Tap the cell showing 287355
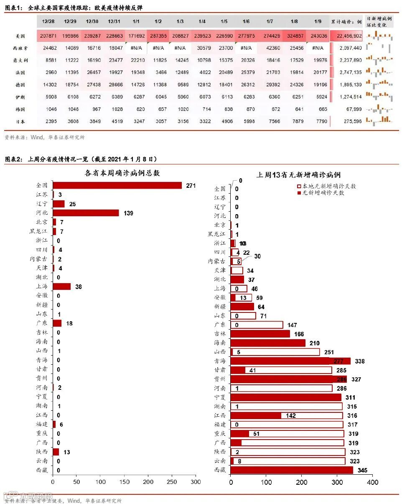[158, 36]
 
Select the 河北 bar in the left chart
[86, 213]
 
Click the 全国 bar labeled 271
[117, 185]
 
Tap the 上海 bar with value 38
[61, 287]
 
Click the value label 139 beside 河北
[128, 213]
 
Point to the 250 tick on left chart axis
[172, 482]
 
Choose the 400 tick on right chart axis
[372, 482]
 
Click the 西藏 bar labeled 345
[292, 470]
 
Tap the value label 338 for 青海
[360, 361]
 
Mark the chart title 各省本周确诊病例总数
[122, 173]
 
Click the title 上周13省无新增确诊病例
[298, 174]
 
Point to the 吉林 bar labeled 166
[260, 334]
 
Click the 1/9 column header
[317, 21]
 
